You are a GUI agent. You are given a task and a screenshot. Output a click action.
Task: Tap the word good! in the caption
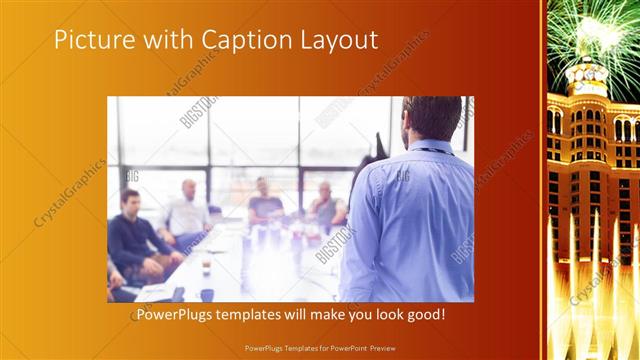tap(424, 315)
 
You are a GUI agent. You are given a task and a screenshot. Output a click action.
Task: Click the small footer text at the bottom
tap(320, 346)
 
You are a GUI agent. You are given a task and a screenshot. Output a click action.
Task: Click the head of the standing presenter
tap(432, 119)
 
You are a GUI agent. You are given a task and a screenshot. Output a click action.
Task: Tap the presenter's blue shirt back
tap(410, 220)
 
